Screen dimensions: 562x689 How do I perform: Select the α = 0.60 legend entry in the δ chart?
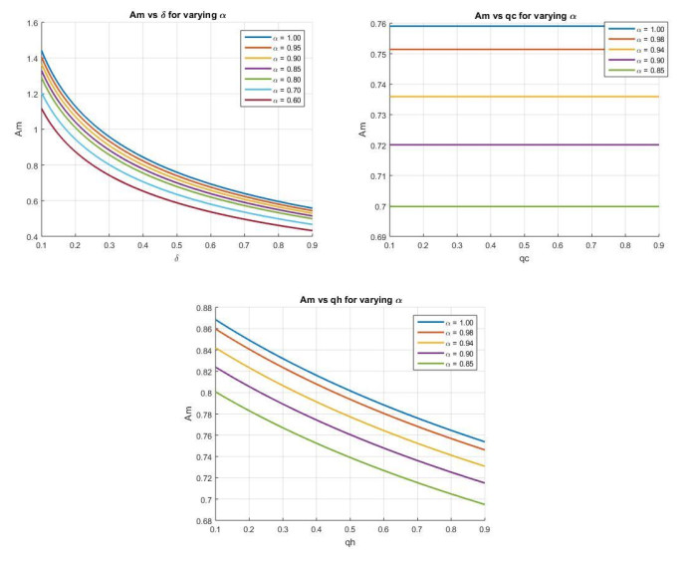[278, 100]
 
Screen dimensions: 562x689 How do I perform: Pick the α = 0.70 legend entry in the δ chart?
[278, 89]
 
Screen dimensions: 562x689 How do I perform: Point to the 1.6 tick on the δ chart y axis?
[30, 22]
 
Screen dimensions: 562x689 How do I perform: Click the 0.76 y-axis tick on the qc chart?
[379, 22]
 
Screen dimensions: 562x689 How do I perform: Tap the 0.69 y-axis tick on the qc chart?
[379, 237]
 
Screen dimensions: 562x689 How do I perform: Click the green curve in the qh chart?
[348, 453]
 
